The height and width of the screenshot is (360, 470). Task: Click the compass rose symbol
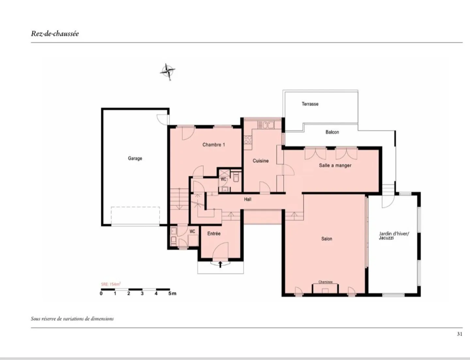click(x=167, y=71)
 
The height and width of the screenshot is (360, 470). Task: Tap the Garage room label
click(x=135, y=158)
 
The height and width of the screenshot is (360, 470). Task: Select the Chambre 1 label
click(x=214, y=145)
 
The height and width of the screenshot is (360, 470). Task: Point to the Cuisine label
click(x=260, y=161)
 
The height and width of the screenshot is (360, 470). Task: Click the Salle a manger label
click(x=335, y=165)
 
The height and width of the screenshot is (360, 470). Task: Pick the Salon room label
click(x=327, y=239)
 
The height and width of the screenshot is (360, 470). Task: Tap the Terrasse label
click(x=310, y=104)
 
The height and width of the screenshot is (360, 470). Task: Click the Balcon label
click(x=332, y=132)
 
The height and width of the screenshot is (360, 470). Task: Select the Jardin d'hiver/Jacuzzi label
click(x=394, y=236)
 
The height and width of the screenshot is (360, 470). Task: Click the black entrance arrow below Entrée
click(x=220, y=264)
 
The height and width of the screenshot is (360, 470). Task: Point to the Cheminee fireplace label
click(x=325, y=282)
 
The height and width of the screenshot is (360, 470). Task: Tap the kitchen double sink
click(x=266, y=125)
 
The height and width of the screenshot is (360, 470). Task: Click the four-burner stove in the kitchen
click(x=248, y=140)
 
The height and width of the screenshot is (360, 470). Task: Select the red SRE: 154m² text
click(x=111, y=284)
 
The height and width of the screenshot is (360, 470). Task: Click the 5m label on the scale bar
click(x=172, y=294)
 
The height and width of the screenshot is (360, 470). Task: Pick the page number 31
click(x=460, y=334)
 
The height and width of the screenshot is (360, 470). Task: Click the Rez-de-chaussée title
click(x=55, y=34)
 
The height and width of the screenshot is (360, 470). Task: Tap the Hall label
click(x=247, y=199)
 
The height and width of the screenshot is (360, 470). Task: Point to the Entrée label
click(x=214, y=234)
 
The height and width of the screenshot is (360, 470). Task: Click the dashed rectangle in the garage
click(x=135, y=216)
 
